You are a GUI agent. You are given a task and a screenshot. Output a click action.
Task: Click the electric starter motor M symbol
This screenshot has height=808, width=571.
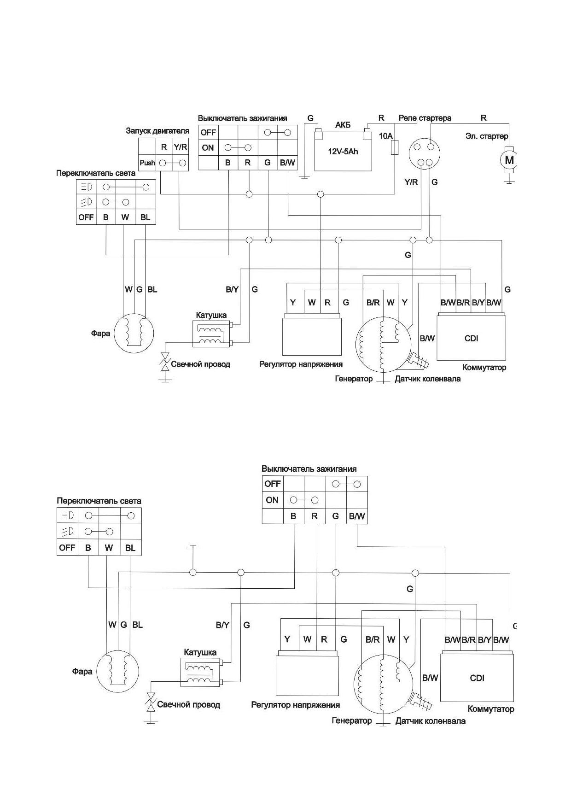click(x=509, y=160)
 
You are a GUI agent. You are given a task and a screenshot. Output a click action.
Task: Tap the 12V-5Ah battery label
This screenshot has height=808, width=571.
click(x=343, y=152)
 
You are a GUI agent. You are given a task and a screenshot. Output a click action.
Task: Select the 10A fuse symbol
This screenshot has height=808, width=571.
click(x=395, y=148)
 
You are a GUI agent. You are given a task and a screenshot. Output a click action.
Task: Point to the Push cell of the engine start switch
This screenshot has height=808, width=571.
click(x=147, y=163)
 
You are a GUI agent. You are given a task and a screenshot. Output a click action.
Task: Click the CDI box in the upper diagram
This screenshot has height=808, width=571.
click(x=471, y=338)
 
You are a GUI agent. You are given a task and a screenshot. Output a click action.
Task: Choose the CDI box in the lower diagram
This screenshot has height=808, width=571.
click(x=477, y=678)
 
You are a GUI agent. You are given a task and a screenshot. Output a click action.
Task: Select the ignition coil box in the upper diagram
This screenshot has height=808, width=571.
click(x=211, y=334)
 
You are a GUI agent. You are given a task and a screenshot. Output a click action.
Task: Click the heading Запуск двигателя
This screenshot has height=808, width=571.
click(x=157, y=131)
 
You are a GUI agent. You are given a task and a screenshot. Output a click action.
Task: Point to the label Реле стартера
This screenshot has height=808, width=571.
click(x=425, y=118)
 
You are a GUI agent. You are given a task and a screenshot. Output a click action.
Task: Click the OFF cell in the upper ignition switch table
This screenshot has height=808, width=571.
click(x=208, y=133)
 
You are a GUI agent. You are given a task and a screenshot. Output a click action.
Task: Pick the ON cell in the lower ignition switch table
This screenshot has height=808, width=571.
click(x=272, y=500)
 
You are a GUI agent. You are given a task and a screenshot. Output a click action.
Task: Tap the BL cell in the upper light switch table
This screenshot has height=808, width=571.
click(x=146, y=217)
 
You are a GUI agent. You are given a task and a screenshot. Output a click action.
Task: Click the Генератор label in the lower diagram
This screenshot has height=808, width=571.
click(x=351, y=721)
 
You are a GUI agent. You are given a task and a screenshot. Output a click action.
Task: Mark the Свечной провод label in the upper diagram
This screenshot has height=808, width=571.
click(x=201, y=364)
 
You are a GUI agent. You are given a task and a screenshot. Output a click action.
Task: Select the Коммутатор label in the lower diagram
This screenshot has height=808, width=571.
click(x=491, y=709)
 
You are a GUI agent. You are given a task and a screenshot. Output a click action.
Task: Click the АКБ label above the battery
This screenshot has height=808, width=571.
click(x=343, y=125)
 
